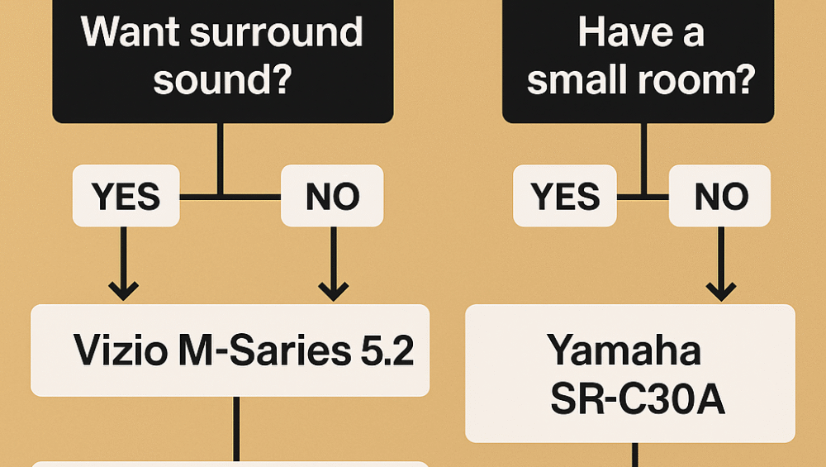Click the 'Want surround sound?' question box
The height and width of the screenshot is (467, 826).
222,58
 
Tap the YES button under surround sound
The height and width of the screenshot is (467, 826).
126,196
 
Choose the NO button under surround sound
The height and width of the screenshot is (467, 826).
332,196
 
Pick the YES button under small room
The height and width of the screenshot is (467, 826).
564,196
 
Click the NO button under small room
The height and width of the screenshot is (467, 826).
719,196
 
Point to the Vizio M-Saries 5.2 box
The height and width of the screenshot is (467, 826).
230,350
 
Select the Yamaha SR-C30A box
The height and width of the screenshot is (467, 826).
629,374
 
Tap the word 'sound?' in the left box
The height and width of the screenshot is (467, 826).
222,81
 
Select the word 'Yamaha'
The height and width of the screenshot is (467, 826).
624,351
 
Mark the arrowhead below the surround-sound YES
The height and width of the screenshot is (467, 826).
124,290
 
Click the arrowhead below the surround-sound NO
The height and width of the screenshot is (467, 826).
333,290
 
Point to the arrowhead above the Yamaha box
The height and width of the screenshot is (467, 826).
720,290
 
